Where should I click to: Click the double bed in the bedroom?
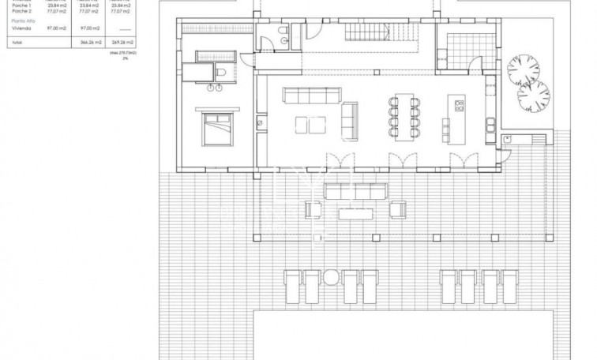[216, 128]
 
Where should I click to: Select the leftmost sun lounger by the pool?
[291, 283]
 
